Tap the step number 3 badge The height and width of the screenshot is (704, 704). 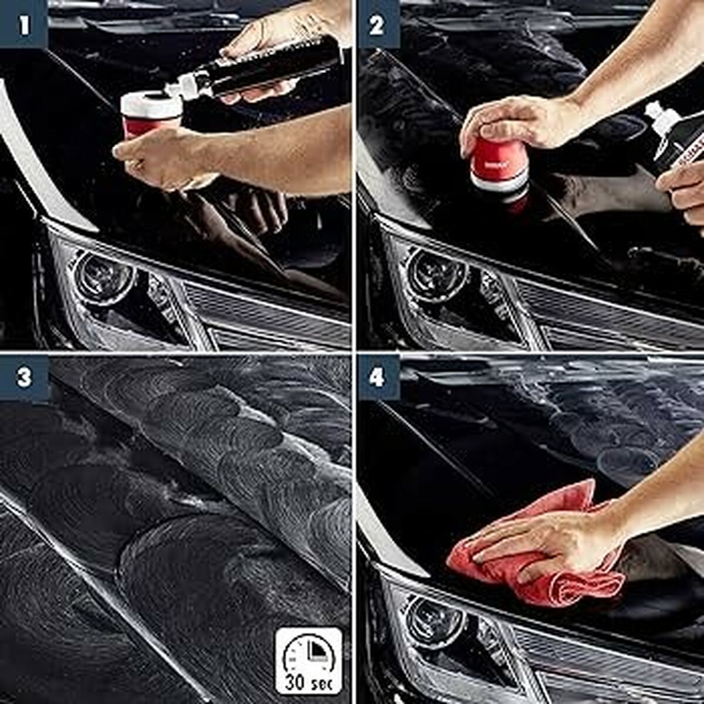point(23,377)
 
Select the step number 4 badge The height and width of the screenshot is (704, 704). point(378,377)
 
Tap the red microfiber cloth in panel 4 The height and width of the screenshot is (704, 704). point(528,563)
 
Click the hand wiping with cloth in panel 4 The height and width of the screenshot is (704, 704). point(546,540)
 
